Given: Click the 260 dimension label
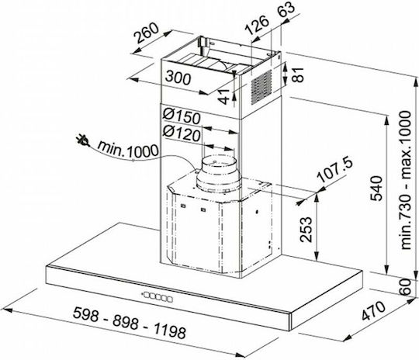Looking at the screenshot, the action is pos(147,33).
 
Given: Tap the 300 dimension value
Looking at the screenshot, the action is pos(178,78).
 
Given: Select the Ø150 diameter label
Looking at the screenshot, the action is pos(182,116).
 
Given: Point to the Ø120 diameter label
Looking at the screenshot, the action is pos(182,133).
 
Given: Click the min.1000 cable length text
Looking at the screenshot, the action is pos(128,150).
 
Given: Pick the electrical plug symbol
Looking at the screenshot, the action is pos(82,140).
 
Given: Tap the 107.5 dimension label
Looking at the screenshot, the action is pos(335,170).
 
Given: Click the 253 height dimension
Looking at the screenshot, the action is pos(306,230).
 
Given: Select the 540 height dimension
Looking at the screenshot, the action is pos(377,189).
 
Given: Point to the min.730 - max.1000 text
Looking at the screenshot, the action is pos(405,181).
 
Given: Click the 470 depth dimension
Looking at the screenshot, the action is pos(374,311).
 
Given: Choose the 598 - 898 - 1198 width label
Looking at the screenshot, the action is pos(130,322).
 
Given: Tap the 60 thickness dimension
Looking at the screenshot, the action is pos(405,286).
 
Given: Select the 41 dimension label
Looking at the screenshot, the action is pos(224,96).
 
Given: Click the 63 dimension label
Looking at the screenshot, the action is pos(286,10).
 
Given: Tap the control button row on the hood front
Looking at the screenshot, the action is pos(158,296).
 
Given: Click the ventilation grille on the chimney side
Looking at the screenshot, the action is pos(261,87).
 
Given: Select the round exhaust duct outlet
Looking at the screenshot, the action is pos(219,174).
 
